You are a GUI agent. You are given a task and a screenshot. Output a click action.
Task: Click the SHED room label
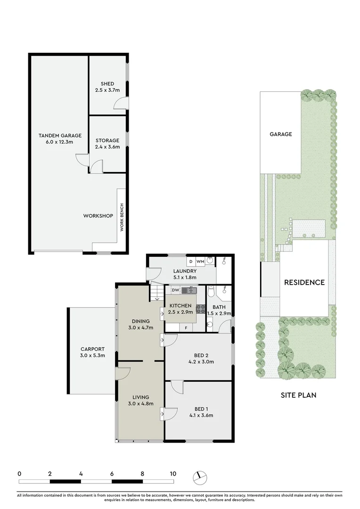[107, 84]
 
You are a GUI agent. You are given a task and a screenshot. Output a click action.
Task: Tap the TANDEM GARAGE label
[56, 136]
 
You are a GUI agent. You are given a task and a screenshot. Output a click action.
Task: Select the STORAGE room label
[107, 140]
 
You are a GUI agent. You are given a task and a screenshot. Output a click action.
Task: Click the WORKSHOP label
[98, 216]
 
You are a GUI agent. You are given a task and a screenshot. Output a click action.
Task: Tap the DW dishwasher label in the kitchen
[175, 290]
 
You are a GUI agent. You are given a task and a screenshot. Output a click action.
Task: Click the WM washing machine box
[200, 261]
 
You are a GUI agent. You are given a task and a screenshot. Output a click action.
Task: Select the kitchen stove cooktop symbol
[200, 309]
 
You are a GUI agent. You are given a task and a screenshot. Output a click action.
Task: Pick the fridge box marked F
[186, 328]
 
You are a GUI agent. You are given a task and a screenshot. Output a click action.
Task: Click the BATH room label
[219, 307]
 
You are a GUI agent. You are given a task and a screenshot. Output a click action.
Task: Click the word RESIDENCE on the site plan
[304, 282]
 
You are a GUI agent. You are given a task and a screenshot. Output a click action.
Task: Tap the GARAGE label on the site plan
[281, 134]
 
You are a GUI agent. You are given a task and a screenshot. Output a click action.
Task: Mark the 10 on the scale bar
[173, 474]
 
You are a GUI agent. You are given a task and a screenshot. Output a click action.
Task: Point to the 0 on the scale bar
[19, 474]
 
